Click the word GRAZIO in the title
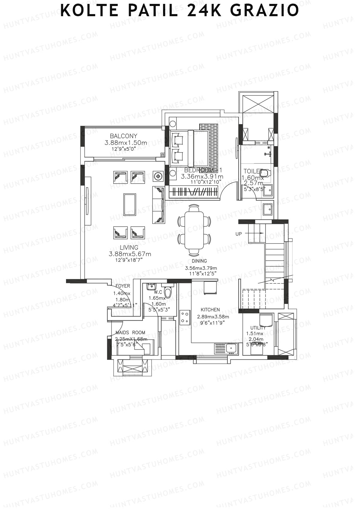click(265, 10)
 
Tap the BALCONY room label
click(123, 136)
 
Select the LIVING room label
click(129, 247)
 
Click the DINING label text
click(199, 261)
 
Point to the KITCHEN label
click(210, 310)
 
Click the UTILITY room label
click(258, 328)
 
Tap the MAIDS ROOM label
click(130, 333)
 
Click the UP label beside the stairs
click(238, 234)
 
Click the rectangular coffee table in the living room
click(130, 205)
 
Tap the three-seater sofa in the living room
click(159, 205)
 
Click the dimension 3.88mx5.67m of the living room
click(130, 254)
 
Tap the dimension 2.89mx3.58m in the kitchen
click(213, 316)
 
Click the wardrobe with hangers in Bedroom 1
click(193, 192)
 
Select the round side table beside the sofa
click(157, 176)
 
